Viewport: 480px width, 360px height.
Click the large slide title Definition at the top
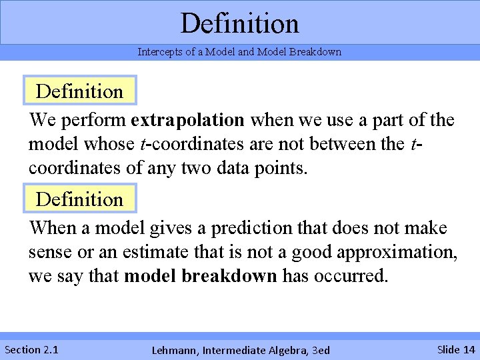point(239,23)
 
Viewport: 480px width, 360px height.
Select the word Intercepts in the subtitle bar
point(158,52)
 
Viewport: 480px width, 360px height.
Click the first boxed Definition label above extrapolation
point(79,91)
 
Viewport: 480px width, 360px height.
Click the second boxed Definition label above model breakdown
point(79,199)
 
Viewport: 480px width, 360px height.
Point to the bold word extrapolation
point(188,121)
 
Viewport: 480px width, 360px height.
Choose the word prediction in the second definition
point(252,229)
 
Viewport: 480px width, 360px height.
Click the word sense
point(48,253)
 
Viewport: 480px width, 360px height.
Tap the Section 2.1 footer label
point(31,349)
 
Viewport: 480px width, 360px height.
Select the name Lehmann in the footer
point(175,350)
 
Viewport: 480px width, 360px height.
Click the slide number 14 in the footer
point(469,349)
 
